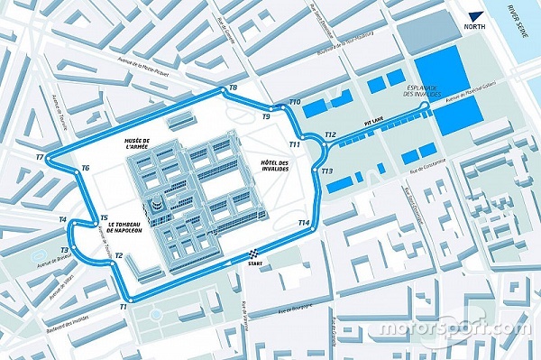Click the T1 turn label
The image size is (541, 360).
pyautogui.click(x=123, y=308)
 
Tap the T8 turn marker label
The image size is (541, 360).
pyautogui.click(x=233, y=88)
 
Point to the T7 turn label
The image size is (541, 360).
pyautogui.click(x=40, y=158)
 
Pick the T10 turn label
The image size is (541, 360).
pyautogui.click(x=295, y=103)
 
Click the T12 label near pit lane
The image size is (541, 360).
pyautogui.click(x=330, y=135)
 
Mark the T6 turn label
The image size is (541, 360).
pyautogui.click(x=86, y=168)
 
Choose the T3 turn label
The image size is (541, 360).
pyautogui.click(x=65, y=250)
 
